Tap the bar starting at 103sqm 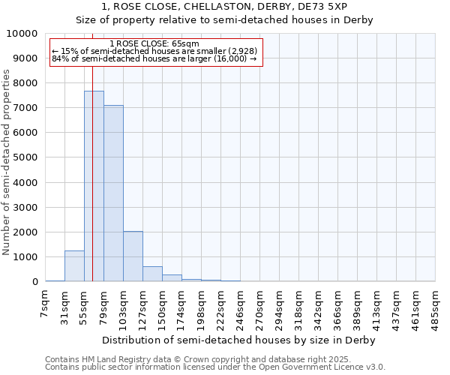(133, 256)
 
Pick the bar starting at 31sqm (74, 266)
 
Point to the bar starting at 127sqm (152, 274)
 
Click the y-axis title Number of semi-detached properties (7, 162)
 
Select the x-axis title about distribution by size (240, 340)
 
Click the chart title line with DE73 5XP (224, 7)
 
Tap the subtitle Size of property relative (224, 20)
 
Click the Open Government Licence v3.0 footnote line (215, 367)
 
